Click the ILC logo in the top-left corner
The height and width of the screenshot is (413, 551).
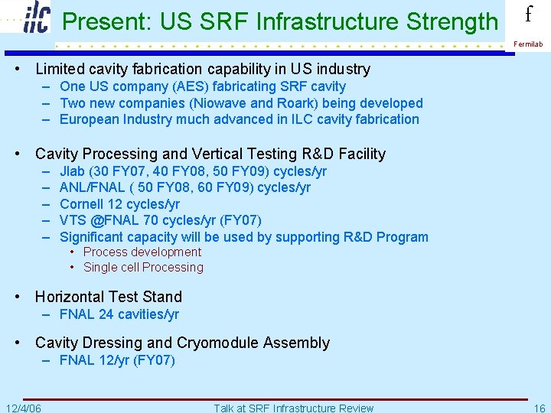point(36,18)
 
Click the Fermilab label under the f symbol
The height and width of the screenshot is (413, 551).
point(528,44)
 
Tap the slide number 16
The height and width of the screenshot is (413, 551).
point(540,408)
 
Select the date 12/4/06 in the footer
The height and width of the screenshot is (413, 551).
point(23,408)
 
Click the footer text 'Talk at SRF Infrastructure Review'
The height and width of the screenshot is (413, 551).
point(293,408)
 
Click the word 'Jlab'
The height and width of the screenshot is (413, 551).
point(73,171)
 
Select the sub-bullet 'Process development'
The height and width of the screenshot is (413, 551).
point(142,252)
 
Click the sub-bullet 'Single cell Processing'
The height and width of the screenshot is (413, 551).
point(143,267)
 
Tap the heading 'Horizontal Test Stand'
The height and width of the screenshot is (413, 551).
point(109,297)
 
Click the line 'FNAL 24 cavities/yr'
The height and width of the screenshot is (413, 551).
point(119,314)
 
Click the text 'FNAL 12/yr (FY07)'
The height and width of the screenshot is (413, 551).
point(117,360)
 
